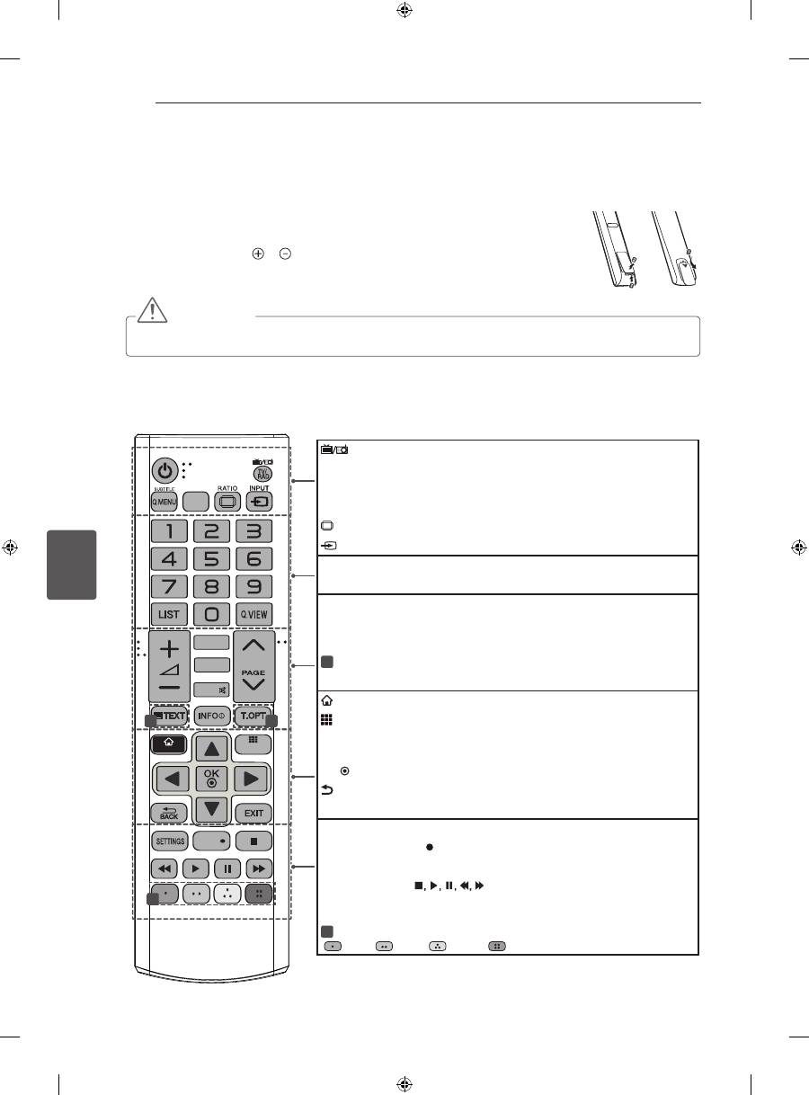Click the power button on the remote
[x=164, y=470]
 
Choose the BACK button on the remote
[x=169, y=810]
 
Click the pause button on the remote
[x=227, y=869]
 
